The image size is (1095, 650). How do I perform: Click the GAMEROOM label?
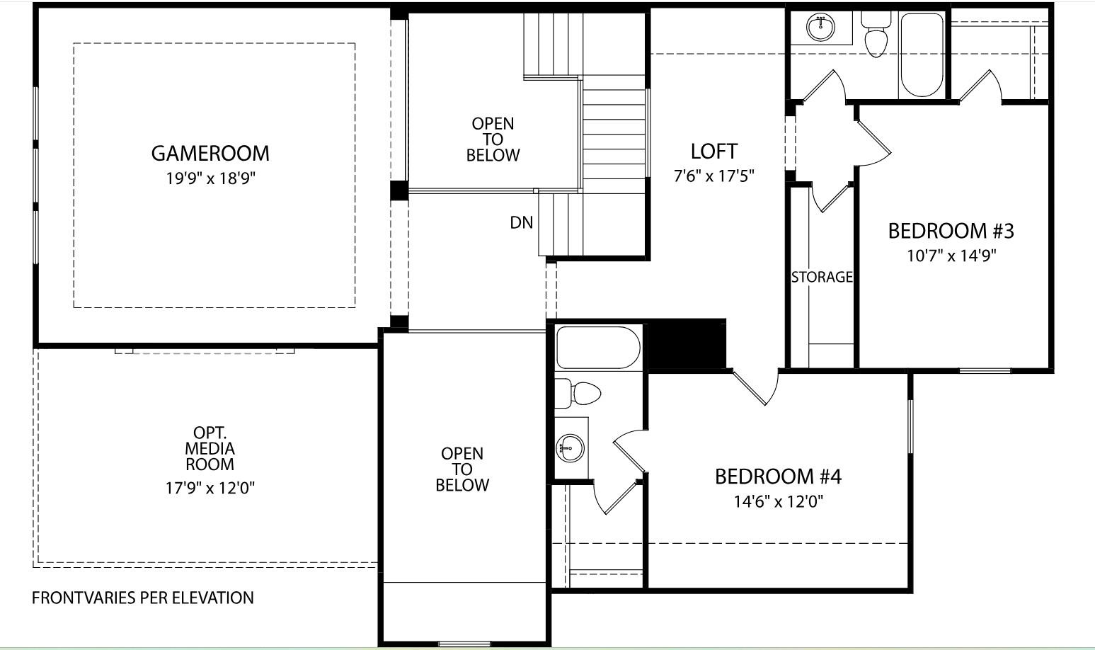point(210,153)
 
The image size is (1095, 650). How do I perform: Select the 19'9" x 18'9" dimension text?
point(210,178)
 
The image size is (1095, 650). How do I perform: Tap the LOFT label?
point(713,151)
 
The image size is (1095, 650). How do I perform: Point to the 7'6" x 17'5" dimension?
point(713,176)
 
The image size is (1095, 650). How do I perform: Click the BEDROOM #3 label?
point(951,231)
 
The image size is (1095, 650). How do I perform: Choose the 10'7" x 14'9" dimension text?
point(951,256)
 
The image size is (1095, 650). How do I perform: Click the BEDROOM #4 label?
point(778,477)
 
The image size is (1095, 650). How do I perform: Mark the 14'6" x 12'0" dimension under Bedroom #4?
point(778,502)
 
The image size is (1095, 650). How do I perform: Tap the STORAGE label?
point(821,277)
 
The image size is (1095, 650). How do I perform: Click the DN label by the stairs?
point(521,222)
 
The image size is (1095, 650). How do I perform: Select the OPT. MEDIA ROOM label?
point(210,449)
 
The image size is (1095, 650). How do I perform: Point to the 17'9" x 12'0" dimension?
point(210,488)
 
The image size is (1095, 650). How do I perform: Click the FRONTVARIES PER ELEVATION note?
point(143,598)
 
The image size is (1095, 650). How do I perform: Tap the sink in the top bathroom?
point(820,28)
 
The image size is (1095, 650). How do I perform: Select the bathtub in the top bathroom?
point(921,55)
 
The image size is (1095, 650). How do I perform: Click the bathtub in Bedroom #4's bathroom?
point(598,347)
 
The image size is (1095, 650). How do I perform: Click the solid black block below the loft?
point(687,345)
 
